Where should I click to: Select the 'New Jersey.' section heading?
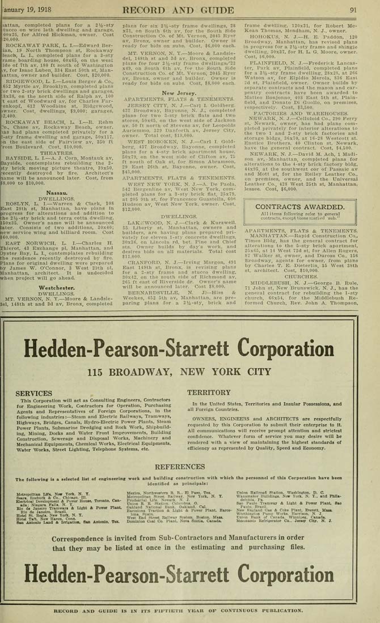click(179, 92)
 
